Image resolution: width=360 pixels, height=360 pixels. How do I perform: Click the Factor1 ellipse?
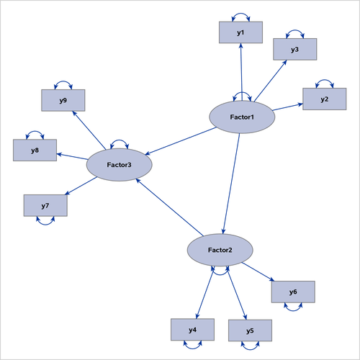click(x=241, y=116)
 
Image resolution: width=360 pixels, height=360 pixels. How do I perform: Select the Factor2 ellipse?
click(x=220, y=250)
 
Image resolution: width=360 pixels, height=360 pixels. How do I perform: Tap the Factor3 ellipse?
click(x=119, y=166)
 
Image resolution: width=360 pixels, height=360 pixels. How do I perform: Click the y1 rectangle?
click(x=240, y=32)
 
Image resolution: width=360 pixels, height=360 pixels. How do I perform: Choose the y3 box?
click(x=294, y=49)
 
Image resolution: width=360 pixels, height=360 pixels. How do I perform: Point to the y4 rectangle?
click(x=192, y=330)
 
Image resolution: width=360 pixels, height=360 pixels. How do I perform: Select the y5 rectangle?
click(x=250, y=330)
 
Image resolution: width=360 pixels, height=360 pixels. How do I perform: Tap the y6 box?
click(x=293, y=292)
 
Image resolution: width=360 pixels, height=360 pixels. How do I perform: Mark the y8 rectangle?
click(x=35, y=150)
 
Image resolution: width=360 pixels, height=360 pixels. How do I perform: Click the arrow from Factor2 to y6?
click(x=256, y=272)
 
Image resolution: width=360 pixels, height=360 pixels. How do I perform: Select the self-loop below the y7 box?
click(x=45, y=223)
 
